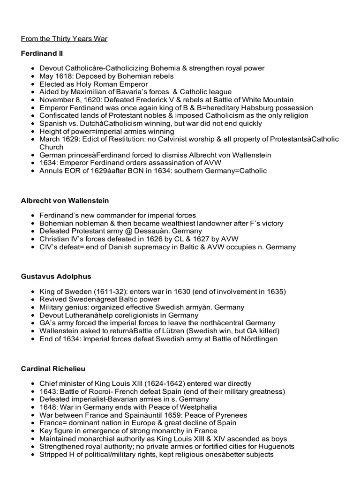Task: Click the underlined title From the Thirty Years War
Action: (64, 38)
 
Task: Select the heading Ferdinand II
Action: (41, 54)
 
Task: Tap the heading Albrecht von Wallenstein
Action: (65, 201)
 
